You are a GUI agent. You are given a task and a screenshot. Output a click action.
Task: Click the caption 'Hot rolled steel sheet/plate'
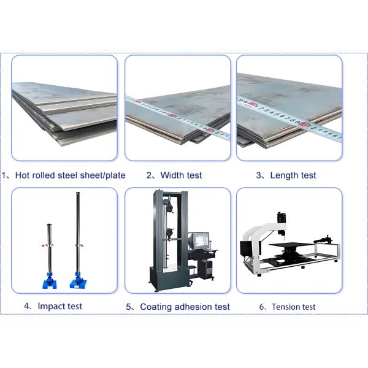pyautogui.click(x=70, y=175)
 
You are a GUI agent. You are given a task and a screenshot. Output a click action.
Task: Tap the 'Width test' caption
pyautogui.click(x=181, y=175)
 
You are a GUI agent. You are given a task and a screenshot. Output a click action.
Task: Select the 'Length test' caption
pyautogui.click(x=293, y=175)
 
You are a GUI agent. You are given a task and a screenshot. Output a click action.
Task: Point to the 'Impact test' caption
pyautogui.click(x=60, y=306)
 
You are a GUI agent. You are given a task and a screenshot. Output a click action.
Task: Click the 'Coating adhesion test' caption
pyautogui.click(x=185, y=307)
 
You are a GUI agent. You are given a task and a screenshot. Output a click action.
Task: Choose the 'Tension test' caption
pyautogui.click(x=293, y=307)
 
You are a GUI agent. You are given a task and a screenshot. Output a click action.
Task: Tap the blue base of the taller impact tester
pyautogui.click(x=78, y=282)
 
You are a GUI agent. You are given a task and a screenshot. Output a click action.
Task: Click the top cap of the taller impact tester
pyautogui.click(x=78, y=194)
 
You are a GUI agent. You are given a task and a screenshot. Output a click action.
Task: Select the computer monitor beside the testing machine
pyautogui.click(x=201, y=240)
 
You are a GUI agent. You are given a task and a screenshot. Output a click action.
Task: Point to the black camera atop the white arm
pyautogui.click(x=282, y=217)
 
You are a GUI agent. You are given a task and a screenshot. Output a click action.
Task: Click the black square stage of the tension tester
pyautogui.click(x=291, y=245)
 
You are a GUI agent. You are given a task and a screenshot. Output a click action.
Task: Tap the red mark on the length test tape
pyautogui.click(x=304, y=124)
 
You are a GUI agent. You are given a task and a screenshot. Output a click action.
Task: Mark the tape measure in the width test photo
pyautogui.click(x=178, y=117)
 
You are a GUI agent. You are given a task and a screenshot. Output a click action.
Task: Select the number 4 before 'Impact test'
pyautogui.click(x=27, y=306)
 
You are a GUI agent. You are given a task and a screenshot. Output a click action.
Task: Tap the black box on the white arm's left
pyautogui.click(x=245, y=248)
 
